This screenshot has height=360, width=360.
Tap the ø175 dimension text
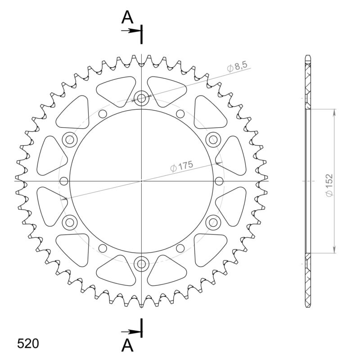pos(182,166)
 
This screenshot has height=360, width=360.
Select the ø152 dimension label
pos(329,185)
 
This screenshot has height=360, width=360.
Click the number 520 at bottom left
pos(28,344)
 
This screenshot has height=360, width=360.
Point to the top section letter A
pos(127,18)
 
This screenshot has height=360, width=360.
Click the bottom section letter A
pos(127,346)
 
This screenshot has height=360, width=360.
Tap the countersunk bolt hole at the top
pos(141,99)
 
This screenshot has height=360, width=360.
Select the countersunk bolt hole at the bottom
pos(141,264)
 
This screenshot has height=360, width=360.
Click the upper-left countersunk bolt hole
pos(70,139)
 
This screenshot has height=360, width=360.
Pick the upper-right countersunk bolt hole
pos(213,139)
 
